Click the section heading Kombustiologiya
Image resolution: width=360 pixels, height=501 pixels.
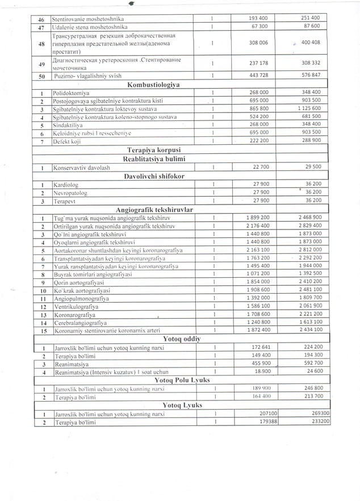(x=154, y=84)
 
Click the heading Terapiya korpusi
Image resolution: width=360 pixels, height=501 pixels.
(x=154, y=151)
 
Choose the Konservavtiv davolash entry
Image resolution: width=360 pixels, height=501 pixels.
(x=82, y=168)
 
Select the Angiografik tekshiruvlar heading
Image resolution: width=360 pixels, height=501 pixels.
(x=154, y=210)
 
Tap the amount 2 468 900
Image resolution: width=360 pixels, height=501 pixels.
(x=309, y=218)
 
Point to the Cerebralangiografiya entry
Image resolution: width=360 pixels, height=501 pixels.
(x=81, y=322)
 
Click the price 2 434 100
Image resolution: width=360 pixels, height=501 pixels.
(x=309, y=330)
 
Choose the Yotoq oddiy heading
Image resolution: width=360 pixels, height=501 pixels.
(x=154, y=339)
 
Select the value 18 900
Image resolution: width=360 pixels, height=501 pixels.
(x=261, y=371)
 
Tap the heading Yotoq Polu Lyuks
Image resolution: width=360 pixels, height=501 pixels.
(x=154, y=380)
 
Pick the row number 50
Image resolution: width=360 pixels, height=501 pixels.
(x=41, y=76)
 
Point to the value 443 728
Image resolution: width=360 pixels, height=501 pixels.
(x=258, y=75)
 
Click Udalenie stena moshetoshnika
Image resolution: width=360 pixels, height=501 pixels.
(x=90, y=26)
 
